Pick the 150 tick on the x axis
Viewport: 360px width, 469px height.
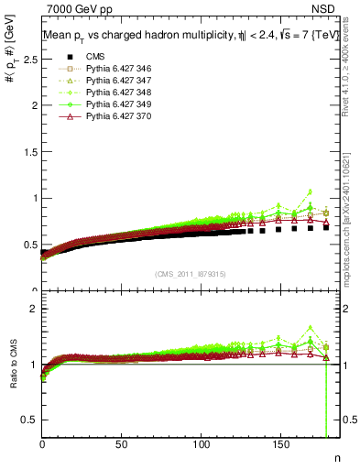(280, 443)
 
